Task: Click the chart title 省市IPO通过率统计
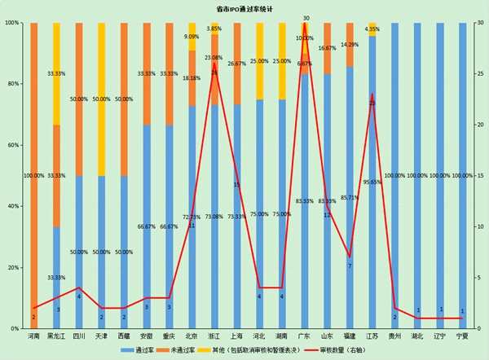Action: click(x=244, y=8)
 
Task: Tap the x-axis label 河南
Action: click(x=33, y=336)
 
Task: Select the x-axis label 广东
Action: click(x=305, y=336)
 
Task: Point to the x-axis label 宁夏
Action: click(x=462, y=336)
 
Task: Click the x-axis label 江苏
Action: click(x=372, y=336)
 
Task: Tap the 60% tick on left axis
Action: click(x=12, y=145)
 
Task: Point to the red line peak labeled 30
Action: click(x=305, y=23)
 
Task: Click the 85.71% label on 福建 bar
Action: click(x=350, y=197)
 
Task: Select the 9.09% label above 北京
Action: click(x=192, y=37)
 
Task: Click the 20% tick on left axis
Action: click(x=12, y=267)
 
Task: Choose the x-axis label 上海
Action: click(x=237, y=336)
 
